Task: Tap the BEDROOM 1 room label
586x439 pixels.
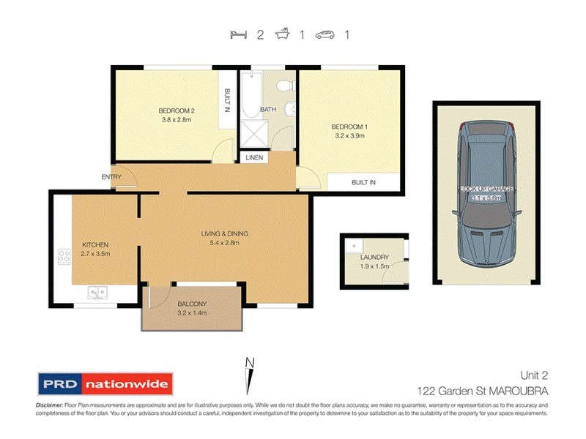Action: coord(349,127)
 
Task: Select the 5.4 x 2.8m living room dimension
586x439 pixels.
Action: coord(220,244)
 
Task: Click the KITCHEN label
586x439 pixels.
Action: coord(95,244)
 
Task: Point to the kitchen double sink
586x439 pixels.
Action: coord(97,293)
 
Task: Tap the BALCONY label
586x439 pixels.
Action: coord(192,304)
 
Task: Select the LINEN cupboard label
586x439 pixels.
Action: coord(255,157)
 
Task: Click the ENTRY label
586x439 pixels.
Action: coord(112,176)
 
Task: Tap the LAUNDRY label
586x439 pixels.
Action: coord(374,258)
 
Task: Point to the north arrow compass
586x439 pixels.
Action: coord(250,374)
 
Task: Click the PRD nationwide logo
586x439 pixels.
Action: coord(104,383)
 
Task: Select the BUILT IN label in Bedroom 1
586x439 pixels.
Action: coord(364,182)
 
